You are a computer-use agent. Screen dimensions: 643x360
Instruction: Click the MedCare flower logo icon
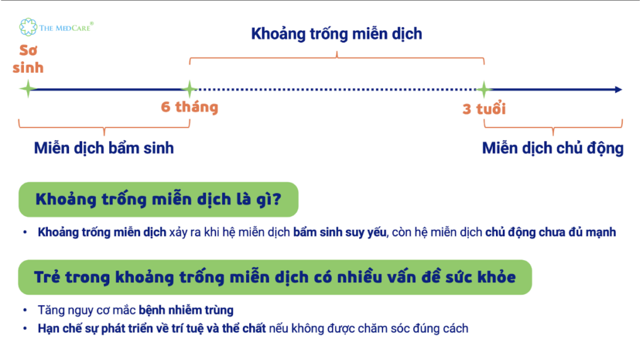[x=28, y=26]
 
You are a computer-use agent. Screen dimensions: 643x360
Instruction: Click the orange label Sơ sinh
[x=28, y=59]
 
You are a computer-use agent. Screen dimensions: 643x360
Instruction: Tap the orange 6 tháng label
[x=190, y=107]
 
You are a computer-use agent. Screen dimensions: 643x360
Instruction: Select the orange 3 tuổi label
[x=484, y=109]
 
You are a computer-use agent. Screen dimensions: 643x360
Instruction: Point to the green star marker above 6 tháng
[x=190, y=89]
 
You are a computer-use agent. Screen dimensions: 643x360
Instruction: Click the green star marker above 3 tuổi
[x=484, y=89]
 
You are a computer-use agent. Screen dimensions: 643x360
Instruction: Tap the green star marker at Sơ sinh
[x=28, y=89]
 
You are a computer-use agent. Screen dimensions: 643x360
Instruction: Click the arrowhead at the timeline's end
[x=619, y=89]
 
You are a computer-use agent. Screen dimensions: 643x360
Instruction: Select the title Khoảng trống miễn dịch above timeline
[x=337, y=34]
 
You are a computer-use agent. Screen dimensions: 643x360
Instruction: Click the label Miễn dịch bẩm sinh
[x=104, y=148]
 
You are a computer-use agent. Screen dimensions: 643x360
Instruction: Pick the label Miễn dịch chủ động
[x=553, y=148]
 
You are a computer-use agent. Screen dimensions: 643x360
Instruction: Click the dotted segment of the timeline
[x=337, y=89]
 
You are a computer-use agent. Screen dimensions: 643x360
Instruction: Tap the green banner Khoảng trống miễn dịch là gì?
[x=158, y=200]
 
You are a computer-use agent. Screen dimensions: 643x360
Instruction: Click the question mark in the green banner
[x=277, y=199]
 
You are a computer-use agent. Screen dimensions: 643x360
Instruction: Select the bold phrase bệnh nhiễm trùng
[x=186, y=310]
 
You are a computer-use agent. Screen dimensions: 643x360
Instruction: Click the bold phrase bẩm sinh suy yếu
[x=340, y=232]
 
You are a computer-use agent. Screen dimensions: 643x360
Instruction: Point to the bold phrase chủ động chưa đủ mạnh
[x=551, y=232]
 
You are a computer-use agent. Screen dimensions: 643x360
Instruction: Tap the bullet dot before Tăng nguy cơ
[x=25, y=310]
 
